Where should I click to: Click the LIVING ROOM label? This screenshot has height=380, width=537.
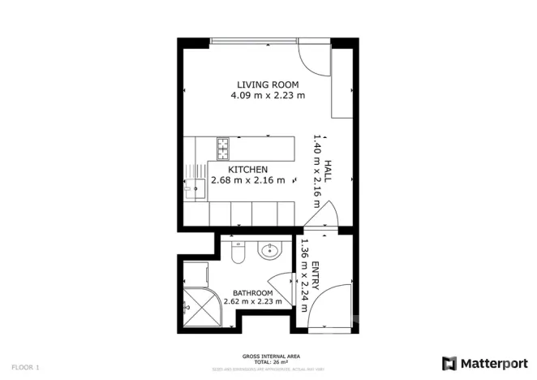pos(268,84)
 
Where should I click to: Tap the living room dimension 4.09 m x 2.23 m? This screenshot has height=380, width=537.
pos(268,95)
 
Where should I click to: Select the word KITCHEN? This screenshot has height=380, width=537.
pos(247,169)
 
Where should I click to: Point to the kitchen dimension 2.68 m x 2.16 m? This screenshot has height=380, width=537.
pos(247,180)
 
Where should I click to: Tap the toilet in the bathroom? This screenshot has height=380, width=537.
pos(238,255)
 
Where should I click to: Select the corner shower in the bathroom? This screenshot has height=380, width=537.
pos(197,308)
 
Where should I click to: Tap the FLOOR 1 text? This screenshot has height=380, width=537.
pos(26,367)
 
